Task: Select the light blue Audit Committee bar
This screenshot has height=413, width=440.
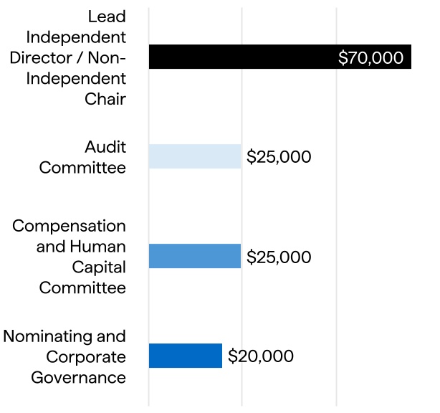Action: click(x=195, y=156)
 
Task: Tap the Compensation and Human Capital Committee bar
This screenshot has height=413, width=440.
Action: click(x=195, y=256)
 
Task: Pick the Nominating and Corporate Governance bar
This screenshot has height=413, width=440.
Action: click(x=186, y=356)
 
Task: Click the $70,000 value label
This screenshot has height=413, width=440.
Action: click(x=370, y=58)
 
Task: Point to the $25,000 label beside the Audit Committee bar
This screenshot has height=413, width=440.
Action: click(x=279, y=157)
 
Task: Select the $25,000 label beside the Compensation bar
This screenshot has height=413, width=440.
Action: click(x=279, y=257)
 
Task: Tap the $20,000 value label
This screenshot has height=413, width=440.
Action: click(x=261, y=356)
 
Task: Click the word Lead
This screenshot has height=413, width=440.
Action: click(x=107, y=16)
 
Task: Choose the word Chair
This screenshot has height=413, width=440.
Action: click(x=105, y=99)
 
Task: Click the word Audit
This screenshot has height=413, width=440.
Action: click(x=105, y=147)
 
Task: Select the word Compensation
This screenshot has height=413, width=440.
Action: click(x=69, y=226)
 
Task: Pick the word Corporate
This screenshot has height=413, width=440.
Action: click(x=86, y=357)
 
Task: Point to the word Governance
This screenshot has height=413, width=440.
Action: click(x=79, y=377)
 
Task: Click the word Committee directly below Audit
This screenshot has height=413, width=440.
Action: click(x=82, y=168)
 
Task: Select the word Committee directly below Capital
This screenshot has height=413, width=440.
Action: click(x=82, y=288)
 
